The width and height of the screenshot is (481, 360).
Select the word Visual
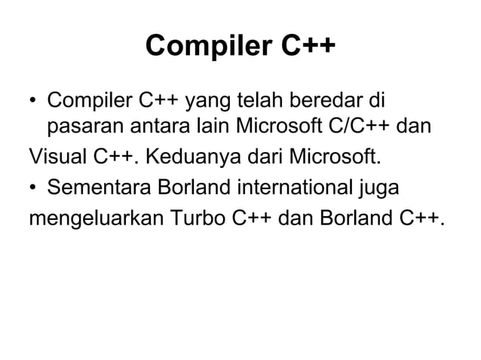tap(59, 158)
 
